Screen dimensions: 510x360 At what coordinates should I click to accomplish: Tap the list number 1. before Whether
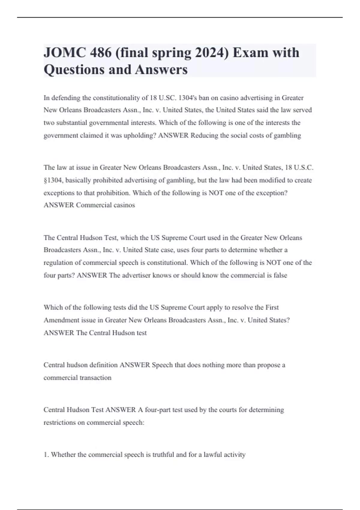(x=46, y=455)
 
